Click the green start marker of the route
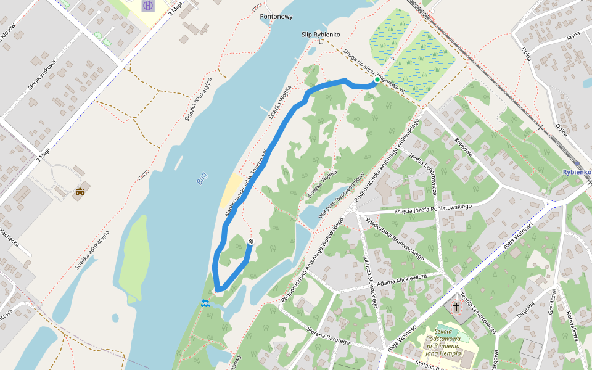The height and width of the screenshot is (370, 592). tap(377, 80)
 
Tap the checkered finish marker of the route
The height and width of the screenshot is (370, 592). tap(250, 242)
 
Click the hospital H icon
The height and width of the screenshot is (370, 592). tap(148, 6)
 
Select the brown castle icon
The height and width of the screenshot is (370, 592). tap(80, 193)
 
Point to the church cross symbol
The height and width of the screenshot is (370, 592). tap(457, 306)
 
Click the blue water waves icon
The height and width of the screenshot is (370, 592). tap(205, 303)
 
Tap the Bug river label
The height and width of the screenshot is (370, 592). tap(202, 178)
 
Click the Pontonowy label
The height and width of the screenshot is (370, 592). tap(276, 17)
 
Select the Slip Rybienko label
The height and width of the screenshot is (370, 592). tap(321, 35)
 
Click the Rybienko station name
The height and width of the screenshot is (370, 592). tap(577, 172)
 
